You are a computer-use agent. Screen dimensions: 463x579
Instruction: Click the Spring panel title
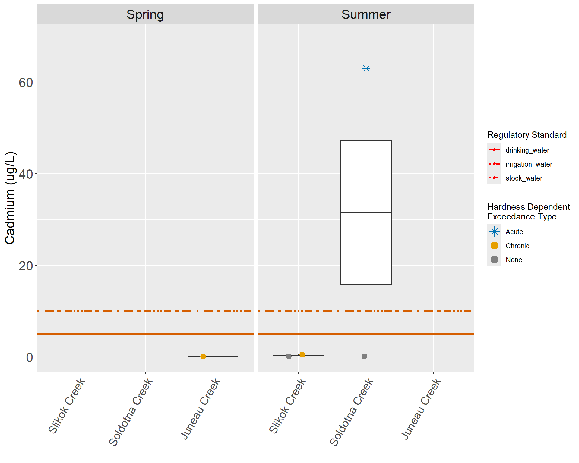click(x=145, y=14)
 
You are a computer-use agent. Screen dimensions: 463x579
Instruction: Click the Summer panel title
click(x=366, y=14)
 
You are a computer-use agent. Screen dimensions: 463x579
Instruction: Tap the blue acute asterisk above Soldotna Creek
click(x=366, y=69)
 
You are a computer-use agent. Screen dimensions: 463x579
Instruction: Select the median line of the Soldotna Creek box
click(x=366, y=212)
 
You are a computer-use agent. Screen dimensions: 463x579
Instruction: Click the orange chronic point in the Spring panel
click(x=203, y=356)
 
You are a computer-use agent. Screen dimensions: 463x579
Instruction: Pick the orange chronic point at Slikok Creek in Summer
click(x=302, y=354)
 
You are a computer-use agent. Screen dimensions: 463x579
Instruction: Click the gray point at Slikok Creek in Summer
click(x=289, y=356)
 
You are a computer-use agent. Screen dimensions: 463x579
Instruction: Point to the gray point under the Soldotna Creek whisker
click(x=364, y=356)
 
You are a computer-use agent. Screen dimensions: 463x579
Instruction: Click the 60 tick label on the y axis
click(x=26, y=82)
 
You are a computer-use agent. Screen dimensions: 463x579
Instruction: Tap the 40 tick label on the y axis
click(x=26, y=174)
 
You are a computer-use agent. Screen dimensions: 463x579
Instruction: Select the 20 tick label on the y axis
click(x=26, y=266)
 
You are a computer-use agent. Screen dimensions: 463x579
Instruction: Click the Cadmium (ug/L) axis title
click(x=10, y=198)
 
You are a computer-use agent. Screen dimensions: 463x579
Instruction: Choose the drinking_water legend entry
click(x=527, y=150)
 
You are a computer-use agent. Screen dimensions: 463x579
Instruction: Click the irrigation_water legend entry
click(x=529, y=164)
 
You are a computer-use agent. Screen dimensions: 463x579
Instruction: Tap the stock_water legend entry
click(x=524, y=178)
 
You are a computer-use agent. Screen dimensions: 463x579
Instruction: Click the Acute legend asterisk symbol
click(x=494, y=231)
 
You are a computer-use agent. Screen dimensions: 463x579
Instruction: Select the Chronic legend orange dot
click(x=494, y=246)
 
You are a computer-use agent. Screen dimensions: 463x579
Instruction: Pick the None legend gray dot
click(x=494, y=260)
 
